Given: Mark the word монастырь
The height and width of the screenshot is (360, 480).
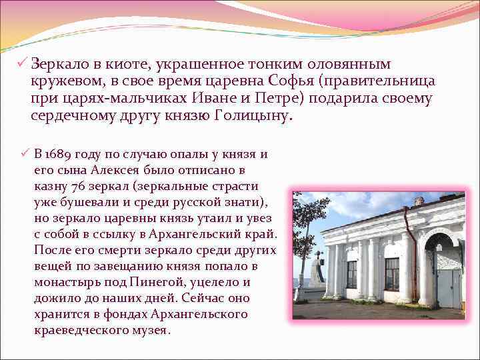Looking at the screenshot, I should (65, 282).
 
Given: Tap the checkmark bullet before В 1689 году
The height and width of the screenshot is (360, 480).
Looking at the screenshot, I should (25, 155).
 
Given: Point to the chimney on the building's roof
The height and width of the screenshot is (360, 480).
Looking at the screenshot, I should (419, 201).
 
